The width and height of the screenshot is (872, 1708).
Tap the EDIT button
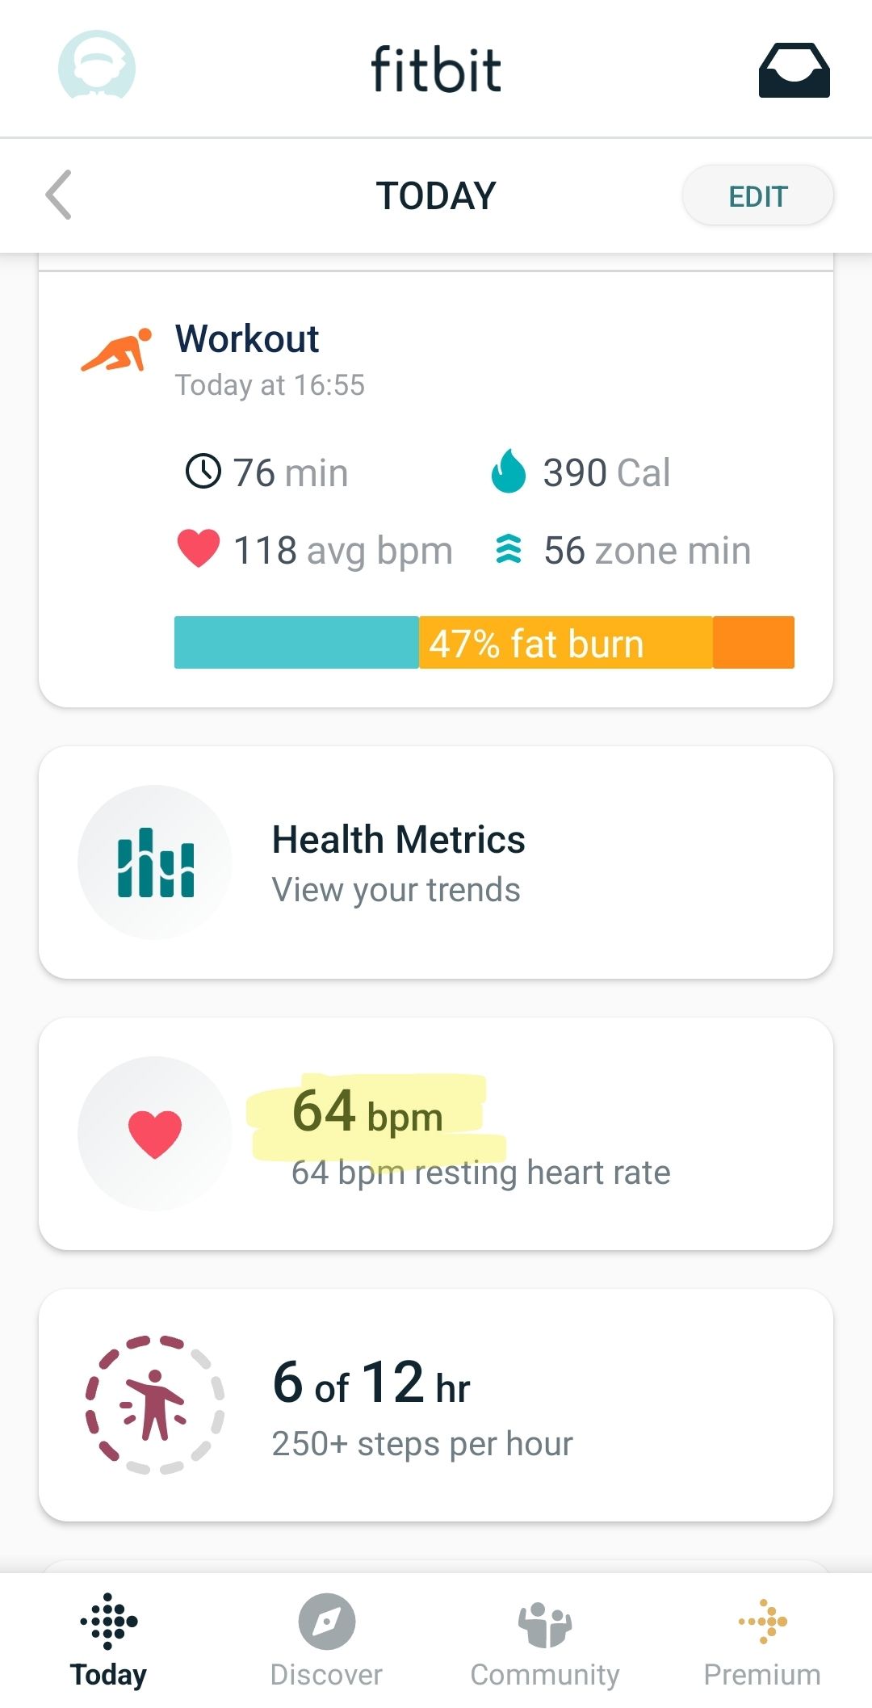(x=757, y=195)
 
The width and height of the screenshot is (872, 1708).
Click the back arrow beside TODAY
(x=59, y=195)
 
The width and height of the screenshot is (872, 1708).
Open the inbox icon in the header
(x=794, y=71)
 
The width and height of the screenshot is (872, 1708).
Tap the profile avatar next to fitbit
(x=97, y=66)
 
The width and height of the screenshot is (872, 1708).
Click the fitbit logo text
(x=436, y=69)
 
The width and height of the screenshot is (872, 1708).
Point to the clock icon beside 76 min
(x=203, y=471)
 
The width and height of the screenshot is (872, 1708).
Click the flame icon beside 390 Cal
(x=508, y=471)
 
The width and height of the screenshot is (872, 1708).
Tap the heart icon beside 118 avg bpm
(x=198, y=548)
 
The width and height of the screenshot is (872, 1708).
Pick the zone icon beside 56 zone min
(x=508, y=549)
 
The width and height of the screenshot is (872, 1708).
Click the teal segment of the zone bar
(x=296, y=642)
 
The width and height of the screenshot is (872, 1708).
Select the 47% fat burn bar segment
(x=565, y=643)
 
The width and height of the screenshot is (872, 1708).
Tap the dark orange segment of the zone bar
(x=753, y=643)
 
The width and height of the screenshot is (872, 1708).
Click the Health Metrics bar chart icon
(x=155, y=862)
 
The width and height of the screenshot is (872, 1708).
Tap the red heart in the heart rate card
(x=155, y=1134)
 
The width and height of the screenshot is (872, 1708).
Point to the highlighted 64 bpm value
(x=367, y=1112)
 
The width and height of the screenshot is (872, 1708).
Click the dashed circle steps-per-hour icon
(x=154, y=1404)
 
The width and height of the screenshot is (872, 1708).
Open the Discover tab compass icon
(x=326, y=1621)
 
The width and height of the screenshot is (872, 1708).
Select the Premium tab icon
(x=763, y=1620)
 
